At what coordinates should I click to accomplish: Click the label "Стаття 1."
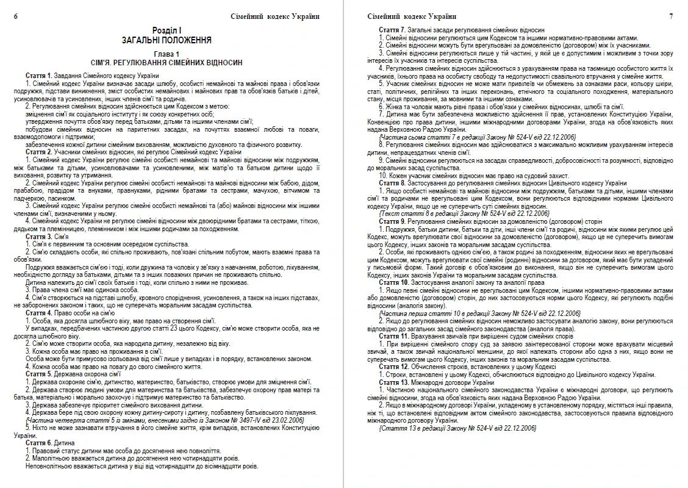38,74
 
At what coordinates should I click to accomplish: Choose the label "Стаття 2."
38,151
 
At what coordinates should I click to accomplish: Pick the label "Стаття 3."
38,236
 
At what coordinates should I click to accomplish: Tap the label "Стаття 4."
38,312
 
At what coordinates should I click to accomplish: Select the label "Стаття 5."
38,374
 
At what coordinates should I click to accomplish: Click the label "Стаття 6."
38,443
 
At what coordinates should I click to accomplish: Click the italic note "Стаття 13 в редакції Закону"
457,428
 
